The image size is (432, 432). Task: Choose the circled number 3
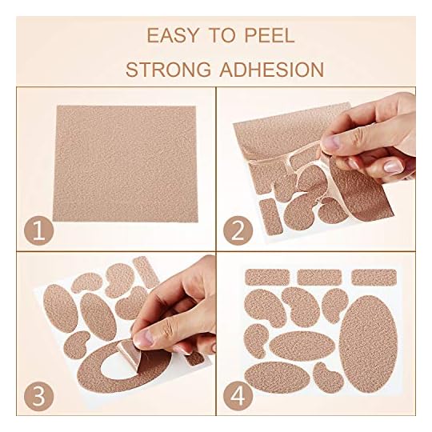coord(35,394)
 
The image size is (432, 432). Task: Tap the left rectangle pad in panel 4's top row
coord(266,277)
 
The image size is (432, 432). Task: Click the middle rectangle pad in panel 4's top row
coord(320,277)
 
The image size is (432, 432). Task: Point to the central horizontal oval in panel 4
coord(302,345)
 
